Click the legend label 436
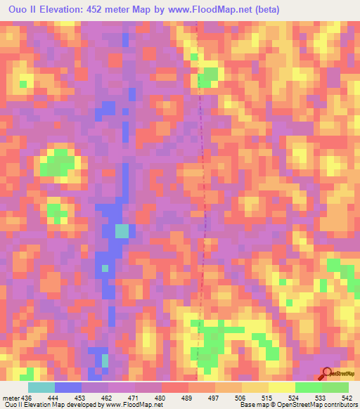coord(22,396)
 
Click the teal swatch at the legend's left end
coord(41,387)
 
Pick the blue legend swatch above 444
coord(68,387)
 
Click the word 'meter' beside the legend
coord(8,396)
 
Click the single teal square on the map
coord(122,231)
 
